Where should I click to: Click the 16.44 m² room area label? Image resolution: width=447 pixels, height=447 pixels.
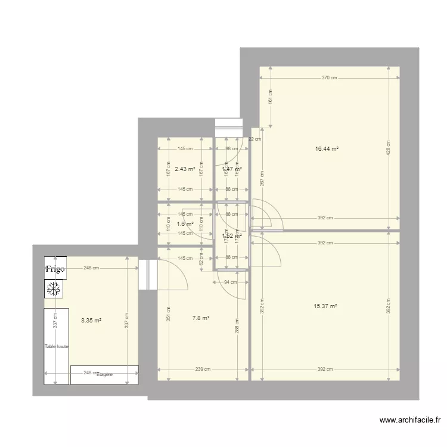pos(327,149)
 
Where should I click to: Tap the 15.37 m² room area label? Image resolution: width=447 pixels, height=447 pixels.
pos(325,306)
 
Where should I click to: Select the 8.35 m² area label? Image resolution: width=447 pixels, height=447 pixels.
pos(91,320)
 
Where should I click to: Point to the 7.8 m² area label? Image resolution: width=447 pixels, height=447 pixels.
pos(201,318)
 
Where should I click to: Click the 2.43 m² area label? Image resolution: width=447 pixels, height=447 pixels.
pos(185,169)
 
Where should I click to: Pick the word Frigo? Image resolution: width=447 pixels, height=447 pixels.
pos(55,269)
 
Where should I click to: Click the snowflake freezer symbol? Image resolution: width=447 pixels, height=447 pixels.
pos(54,290)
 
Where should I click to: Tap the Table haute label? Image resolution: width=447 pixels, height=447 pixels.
pos(57,346)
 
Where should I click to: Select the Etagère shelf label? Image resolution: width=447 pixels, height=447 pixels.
pos(105,375)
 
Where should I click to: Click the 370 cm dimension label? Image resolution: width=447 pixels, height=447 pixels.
pos(330,77)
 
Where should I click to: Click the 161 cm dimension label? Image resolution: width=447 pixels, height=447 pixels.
pos(270,97)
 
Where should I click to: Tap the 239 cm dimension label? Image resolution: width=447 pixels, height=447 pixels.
pos(203,370)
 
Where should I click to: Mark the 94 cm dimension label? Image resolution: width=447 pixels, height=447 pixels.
pos(231,282)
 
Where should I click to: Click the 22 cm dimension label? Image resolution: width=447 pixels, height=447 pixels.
pos(255,139)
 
